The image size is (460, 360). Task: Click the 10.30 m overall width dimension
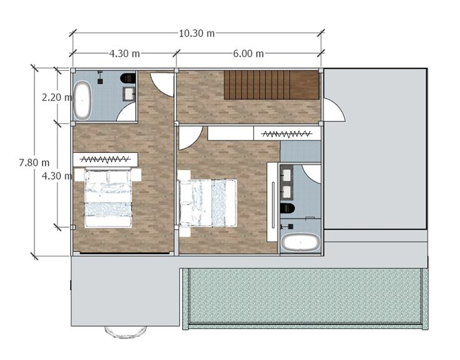pyautogui.click(x=197, y=33)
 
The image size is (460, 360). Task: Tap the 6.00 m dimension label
pyautogui.click(x=248, y=54)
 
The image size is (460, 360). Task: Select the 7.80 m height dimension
pyautogui.click(x=34, y=163)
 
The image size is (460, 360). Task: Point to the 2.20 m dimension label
pyautogui.click(x=56, y=97)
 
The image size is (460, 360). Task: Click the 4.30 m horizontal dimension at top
pyautogui.click(x=125, y=54)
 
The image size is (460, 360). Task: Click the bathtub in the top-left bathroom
pyautogui.click(x=82, y=101)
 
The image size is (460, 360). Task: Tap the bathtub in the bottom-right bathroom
pyautogui.click(x=300, y=242)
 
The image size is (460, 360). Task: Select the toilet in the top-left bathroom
pyautogui.click(x=128, y=78)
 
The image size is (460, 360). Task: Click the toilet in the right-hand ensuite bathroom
pyautogui.click(x=287, y=208)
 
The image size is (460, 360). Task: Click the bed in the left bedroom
pyautogui.click(x=108, y=198)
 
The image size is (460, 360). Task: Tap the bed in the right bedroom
pyautogui.click(x=208, y=203)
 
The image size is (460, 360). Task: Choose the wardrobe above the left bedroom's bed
pyautogui.click(x=105, y=160)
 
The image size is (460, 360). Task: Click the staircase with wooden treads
pyautogui.click(x=272, y=85)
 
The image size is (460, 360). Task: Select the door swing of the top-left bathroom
pyautogui.click(x=126, y=112)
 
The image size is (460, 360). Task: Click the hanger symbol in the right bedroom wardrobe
pyautogui.click(x=287, y=135)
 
